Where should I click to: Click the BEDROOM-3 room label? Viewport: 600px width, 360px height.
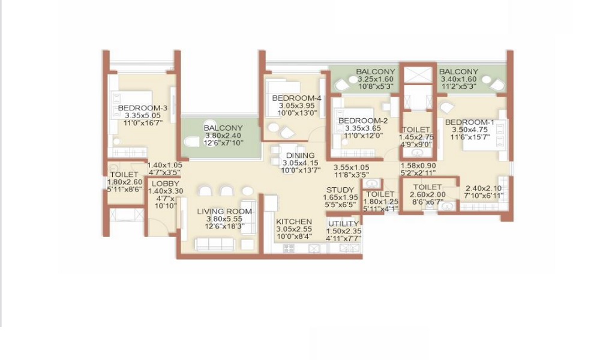(x=142, y=108)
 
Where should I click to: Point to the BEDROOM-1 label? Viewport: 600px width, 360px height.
(x=470, y=122)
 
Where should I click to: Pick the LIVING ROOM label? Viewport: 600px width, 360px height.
(x=225, y=211)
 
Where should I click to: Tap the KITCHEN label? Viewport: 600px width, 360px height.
(x=294, y=221)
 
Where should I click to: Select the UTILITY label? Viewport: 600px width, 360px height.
(x=343, y=224)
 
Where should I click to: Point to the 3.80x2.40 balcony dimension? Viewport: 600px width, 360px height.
(x=223, y=136)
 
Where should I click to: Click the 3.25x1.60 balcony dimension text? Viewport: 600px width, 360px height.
(x=376, y=79)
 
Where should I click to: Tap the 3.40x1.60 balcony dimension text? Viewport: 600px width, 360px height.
(x=458, y=79)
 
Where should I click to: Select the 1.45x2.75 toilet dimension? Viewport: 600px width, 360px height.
(x=415, y=137)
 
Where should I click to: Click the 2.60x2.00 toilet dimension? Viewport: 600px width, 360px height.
(x=427, y=195)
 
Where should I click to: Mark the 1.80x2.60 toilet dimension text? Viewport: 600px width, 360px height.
(x=124, y=182)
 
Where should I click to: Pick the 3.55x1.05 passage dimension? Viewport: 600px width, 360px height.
(x=351, y=167)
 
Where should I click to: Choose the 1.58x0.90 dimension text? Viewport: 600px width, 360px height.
(x=418, y=166)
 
